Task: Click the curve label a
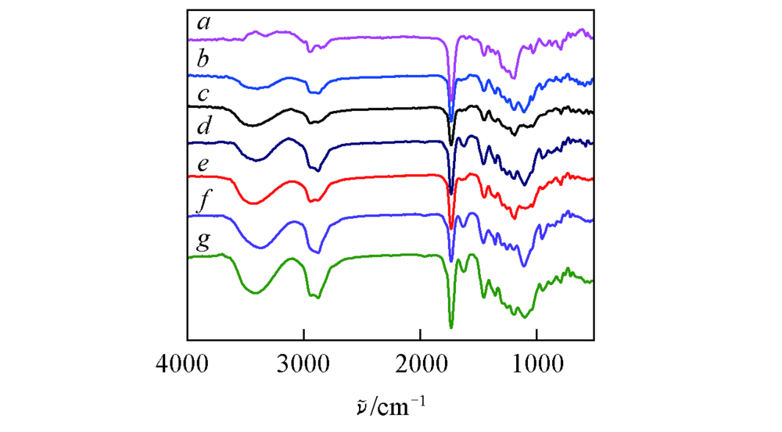[x=203, y=23]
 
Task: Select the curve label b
[x=203, y=59]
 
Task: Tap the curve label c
[x=203, y=95]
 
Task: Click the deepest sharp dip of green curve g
[x=451, y=327]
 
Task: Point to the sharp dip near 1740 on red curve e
[x=451, y=228]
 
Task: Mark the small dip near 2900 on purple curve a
[x=310, y=51]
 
